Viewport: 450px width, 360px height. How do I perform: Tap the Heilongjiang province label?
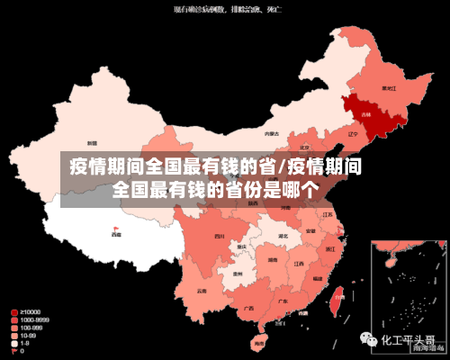pos(389,88)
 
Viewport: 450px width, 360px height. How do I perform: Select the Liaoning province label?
pos(353,134)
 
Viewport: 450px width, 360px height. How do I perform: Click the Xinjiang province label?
pos(92,143)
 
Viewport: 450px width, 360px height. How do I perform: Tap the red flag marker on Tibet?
pos(115,229)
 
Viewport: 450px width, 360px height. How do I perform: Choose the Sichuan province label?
pos(219,236)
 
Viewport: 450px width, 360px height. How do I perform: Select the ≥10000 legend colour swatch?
pos(13,311)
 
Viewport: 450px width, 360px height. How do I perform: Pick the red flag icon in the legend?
pos(13,351)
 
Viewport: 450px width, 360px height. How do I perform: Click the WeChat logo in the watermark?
pos(371,340)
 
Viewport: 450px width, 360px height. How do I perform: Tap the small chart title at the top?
pos(225,10)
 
